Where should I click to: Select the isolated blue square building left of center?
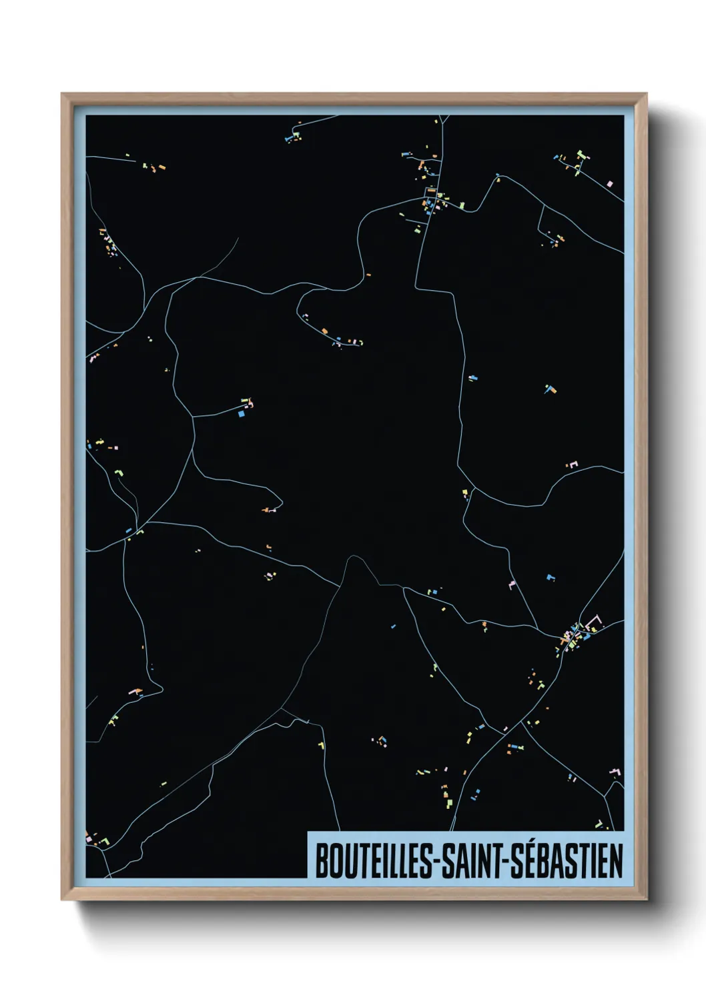click(x=242, y=413)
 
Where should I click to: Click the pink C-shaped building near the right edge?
click(x=573, y=464)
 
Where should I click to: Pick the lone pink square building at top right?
click(x=609, y=183)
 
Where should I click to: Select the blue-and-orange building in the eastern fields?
click(x=549, y=388)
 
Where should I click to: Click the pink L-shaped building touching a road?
click(x=512, y=585)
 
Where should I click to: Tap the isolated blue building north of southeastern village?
click(x=550, y=577)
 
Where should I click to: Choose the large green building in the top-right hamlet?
click(x=581, y=155)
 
